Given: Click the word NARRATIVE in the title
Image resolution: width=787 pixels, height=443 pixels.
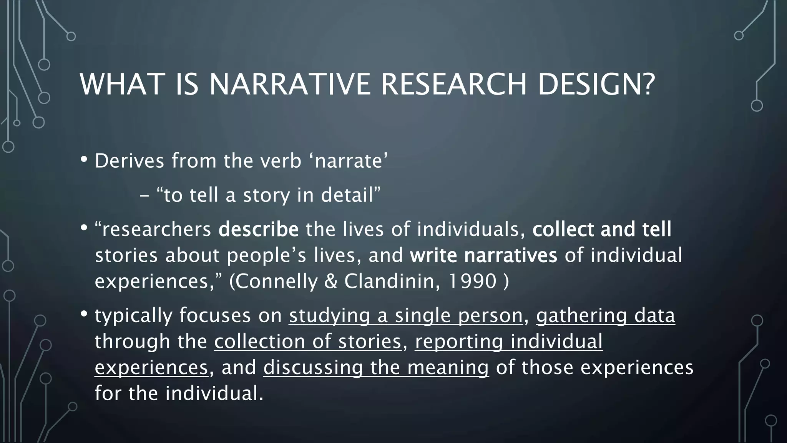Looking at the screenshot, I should coord(290,84).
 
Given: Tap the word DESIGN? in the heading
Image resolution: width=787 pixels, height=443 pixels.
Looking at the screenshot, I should coord(596,84).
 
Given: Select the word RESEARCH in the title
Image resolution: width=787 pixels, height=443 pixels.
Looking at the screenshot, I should coord(453,84).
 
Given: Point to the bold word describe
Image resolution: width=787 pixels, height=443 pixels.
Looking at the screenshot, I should coord(258,230).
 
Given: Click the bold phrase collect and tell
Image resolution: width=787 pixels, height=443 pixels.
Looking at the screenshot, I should coord(602,230).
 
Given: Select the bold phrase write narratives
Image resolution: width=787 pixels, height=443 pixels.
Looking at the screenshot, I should coord(483,255).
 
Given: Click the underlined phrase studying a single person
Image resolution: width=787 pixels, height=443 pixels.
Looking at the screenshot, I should coord(406,316).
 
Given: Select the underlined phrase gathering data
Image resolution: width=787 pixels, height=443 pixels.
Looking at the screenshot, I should coord(605,316).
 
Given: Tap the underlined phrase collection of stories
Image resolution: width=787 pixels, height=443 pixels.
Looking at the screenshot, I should coord(308,341).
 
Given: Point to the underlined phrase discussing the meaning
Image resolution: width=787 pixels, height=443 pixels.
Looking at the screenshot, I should coord(376,367).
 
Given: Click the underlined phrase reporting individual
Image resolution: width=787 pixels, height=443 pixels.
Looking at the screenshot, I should coord(509,341).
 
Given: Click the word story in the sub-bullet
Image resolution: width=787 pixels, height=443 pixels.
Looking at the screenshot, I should coord(266,195).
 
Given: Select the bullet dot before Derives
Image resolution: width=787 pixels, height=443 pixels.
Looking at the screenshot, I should coord(84,159).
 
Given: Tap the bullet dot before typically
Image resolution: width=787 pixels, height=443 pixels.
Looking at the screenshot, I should coord(84,314).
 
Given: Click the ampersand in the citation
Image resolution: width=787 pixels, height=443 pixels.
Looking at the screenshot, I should coord(330,281).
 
